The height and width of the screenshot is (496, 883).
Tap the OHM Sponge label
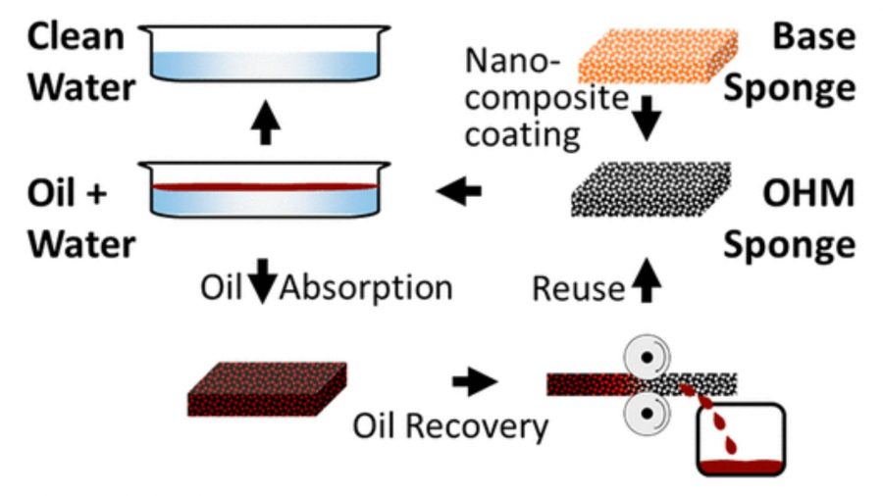pos(795,217)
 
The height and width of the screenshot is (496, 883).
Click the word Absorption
pos(366,289)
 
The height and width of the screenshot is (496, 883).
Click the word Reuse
pos(578,289)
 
